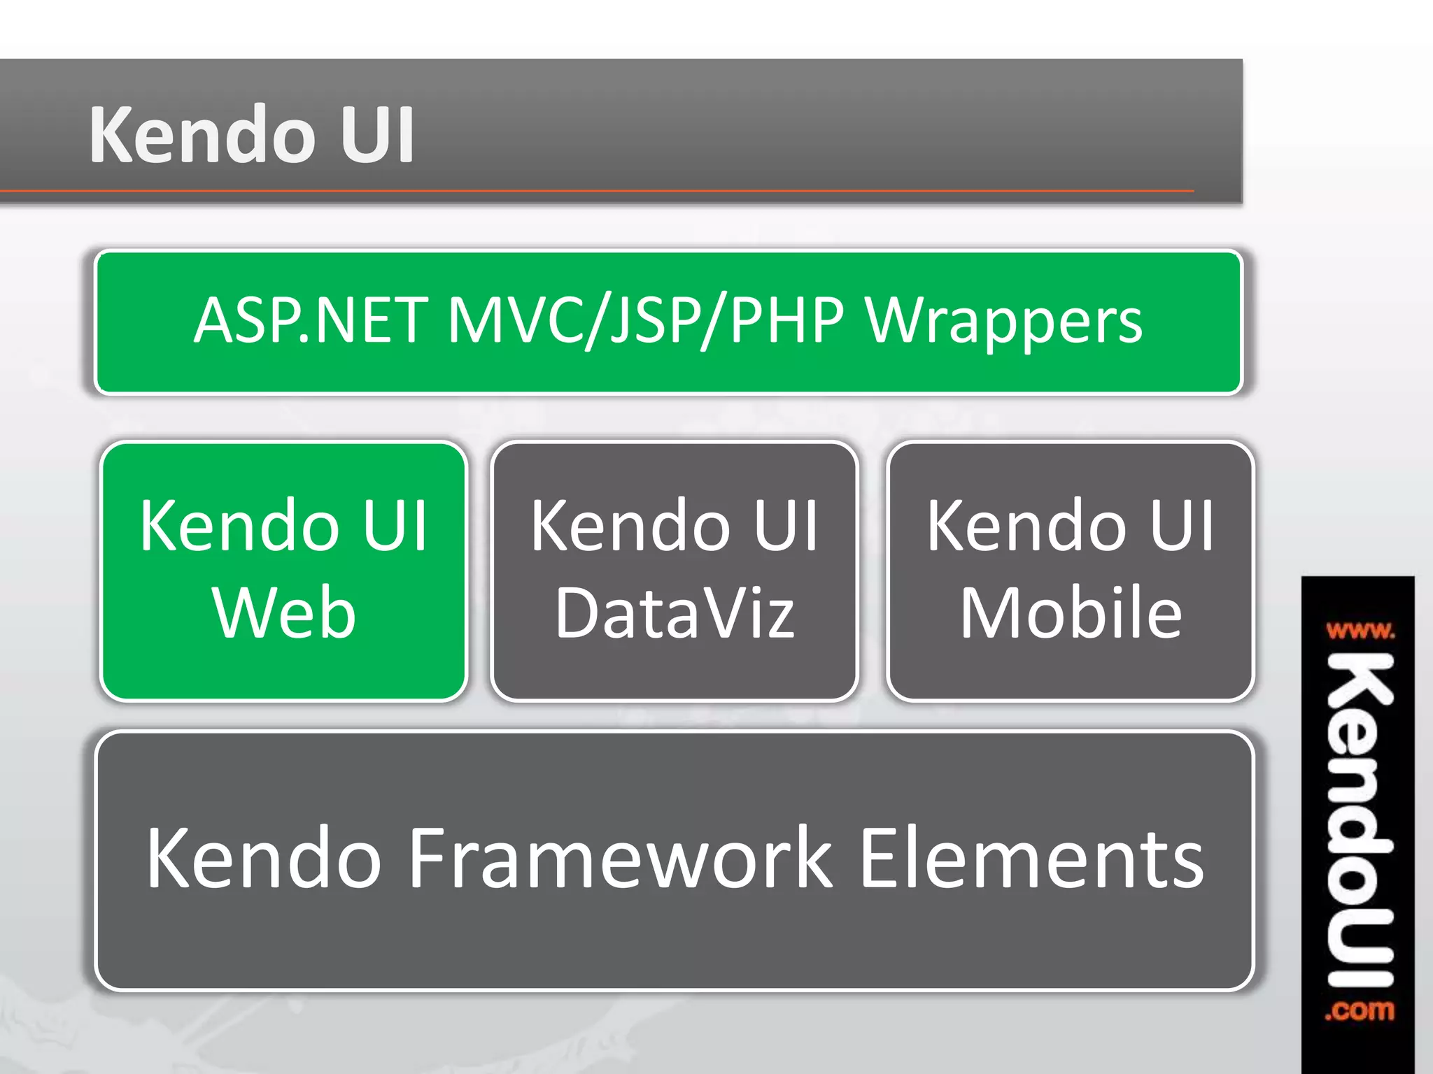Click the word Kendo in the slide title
202,134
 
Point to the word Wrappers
1004,322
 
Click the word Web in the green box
284,613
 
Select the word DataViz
675,613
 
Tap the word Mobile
1071,613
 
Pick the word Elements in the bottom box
1031,858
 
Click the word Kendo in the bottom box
263,858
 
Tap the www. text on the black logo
1360,632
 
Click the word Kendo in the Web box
238,526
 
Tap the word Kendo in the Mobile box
1026,526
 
